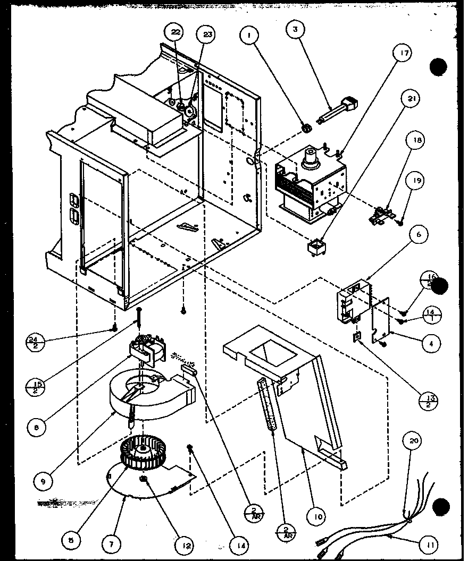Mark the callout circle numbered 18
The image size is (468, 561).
(x=416, y=141)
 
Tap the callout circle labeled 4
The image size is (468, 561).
(x=431, y=343)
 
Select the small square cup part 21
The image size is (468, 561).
(x=316, y=247)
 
